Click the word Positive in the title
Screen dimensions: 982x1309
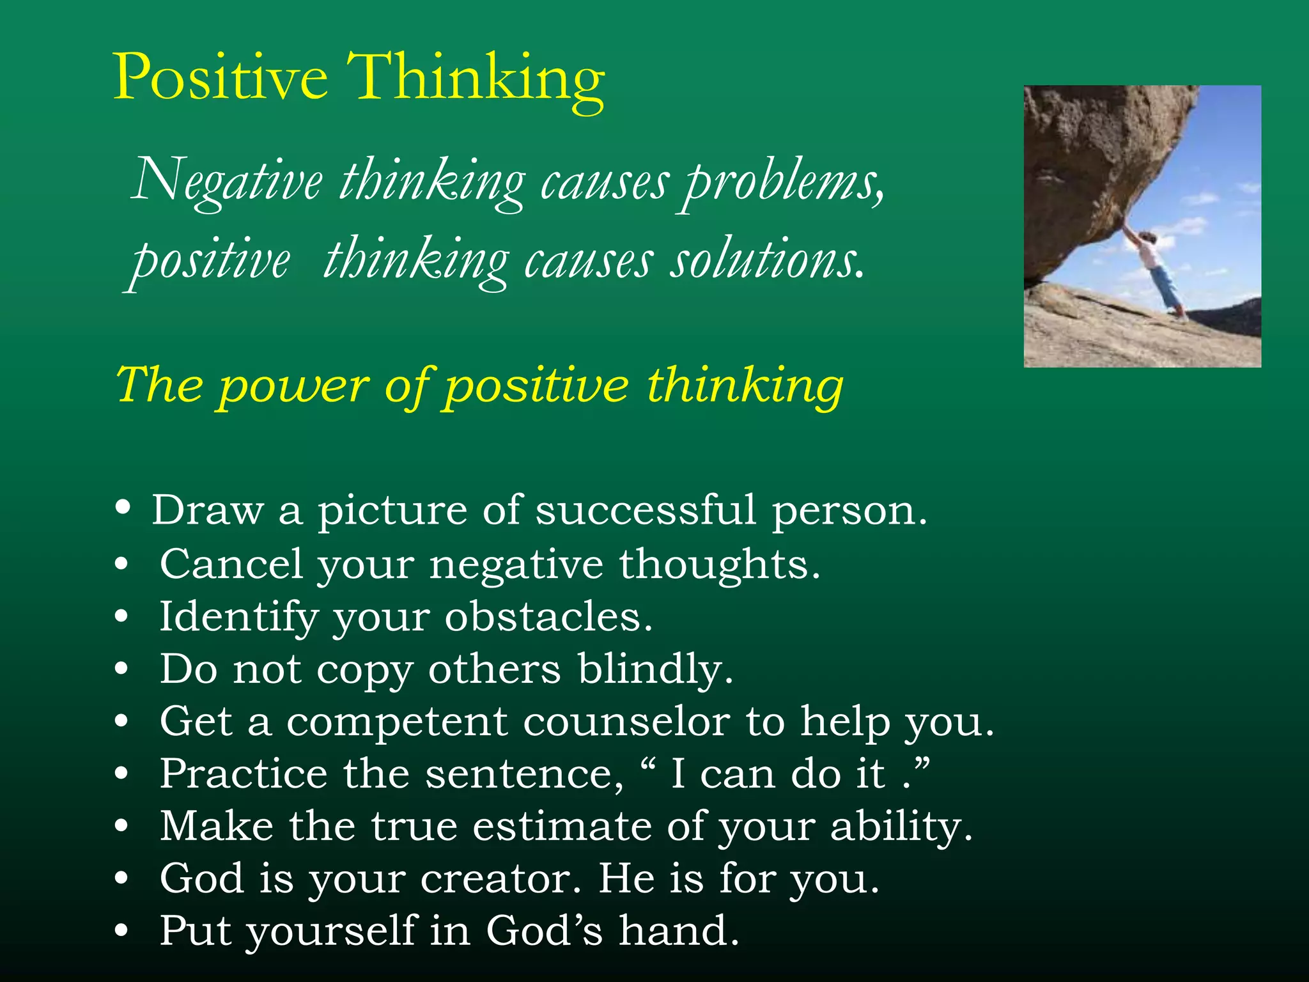click(x=221, y=78)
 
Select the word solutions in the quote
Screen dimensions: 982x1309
click(x=767, y=261)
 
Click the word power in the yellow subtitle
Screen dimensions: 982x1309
click(x=294, y=386)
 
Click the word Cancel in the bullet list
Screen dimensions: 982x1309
click(x=231, y=565)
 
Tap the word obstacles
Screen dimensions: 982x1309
click(x=548, y=618)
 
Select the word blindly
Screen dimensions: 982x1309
click(x=655, y=670)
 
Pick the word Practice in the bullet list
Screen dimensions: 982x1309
click(x=244, y=774)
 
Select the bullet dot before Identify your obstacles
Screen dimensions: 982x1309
click(x=121, y=617)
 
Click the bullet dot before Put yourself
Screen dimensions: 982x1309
click(x=121, y=931)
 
